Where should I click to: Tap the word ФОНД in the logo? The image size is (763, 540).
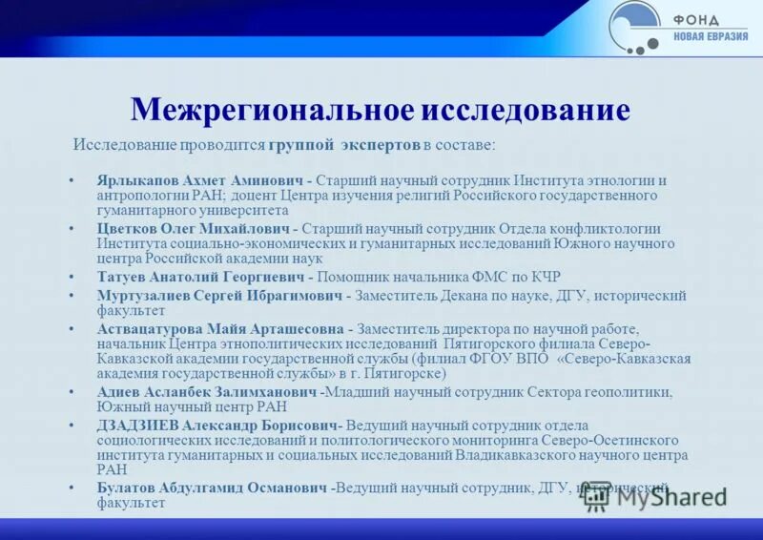[698, 20]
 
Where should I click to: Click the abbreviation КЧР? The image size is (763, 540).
[542, 277]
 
